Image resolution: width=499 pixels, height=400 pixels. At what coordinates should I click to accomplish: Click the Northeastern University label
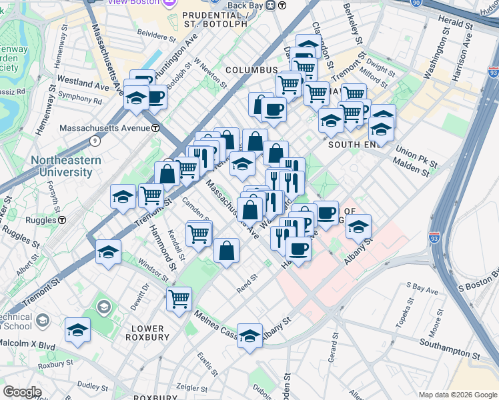click(65, 167)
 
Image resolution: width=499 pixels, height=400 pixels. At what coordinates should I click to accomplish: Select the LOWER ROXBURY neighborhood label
click(147, 333)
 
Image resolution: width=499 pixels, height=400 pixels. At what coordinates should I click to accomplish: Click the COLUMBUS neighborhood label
click(251, 70)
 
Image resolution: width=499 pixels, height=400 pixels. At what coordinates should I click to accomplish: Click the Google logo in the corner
click(22, 392)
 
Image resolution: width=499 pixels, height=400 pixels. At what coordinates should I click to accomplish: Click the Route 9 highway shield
click(95, 140)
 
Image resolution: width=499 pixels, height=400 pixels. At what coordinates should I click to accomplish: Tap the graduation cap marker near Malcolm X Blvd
click(78, 331)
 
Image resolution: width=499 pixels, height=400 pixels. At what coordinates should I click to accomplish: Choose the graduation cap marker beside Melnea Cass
click(249, 335)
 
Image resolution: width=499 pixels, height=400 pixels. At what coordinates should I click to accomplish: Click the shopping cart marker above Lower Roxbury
click(179, 299)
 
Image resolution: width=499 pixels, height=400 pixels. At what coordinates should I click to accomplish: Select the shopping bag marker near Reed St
click(226, 251)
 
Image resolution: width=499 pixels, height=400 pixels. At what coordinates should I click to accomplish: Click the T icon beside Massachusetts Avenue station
click(155, 128)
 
